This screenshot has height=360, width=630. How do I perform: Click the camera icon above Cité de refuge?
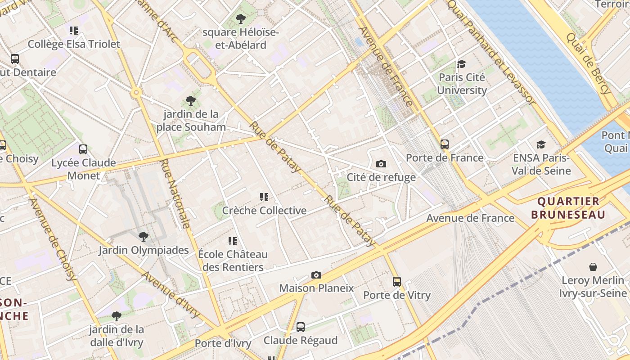pos(381,164)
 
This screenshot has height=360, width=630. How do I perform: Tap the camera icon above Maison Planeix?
pos(316,275)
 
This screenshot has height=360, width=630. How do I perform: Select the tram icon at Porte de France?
pos(445,144)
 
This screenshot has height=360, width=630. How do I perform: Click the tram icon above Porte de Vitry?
pos(396,282)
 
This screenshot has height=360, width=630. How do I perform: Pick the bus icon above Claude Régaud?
pos(300,327)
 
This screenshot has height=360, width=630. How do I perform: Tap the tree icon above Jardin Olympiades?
pos(144,236)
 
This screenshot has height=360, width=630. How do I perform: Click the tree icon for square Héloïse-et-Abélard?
pos(241,19)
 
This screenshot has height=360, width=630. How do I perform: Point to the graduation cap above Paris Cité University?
pos(461,64)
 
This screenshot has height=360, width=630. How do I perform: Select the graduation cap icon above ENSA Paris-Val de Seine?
pos(541,145)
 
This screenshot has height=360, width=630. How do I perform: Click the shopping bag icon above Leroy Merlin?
pos(593,267)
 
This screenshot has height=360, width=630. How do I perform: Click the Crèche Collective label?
pos(265,210)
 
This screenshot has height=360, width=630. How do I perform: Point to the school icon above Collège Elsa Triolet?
pos(74,31)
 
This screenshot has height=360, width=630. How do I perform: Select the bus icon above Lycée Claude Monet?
pos(83,149)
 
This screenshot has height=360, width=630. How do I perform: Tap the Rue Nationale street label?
pos(175,193)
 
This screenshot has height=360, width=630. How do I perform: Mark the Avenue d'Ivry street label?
pos(171,295)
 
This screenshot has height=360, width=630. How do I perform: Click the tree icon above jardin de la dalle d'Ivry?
pos(117,316)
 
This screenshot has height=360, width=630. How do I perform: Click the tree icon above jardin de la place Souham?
pos(191,101)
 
